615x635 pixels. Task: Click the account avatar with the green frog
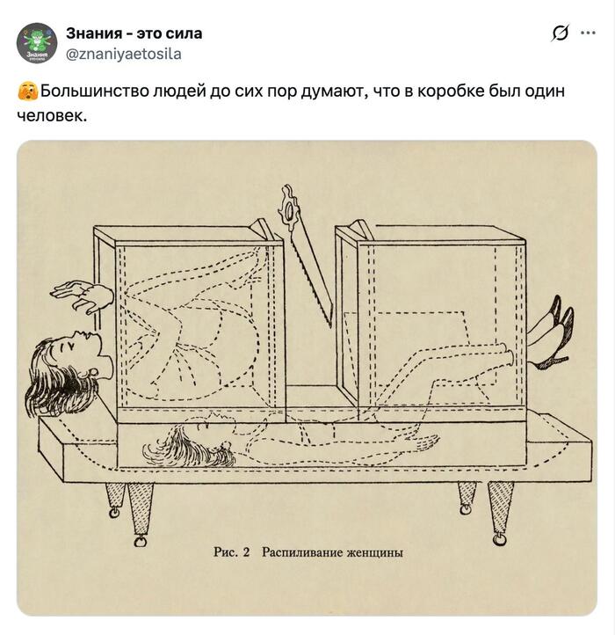coord(36,43)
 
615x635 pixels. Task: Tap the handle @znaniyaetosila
coord(124,54)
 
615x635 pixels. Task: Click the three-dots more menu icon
coord(588,33)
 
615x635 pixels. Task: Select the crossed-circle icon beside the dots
coord(560,33)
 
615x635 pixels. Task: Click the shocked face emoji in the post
coord(27,91)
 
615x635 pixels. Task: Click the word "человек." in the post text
coord(52,116)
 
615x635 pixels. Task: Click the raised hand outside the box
coord(83,296)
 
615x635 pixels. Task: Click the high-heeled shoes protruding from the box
coord(553,332)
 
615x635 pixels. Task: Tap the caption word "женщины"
coord(374,553)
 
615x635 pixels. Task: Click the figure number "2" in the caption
coord(246,552)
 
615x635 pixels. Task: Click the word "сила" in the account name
coord(184,33)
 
